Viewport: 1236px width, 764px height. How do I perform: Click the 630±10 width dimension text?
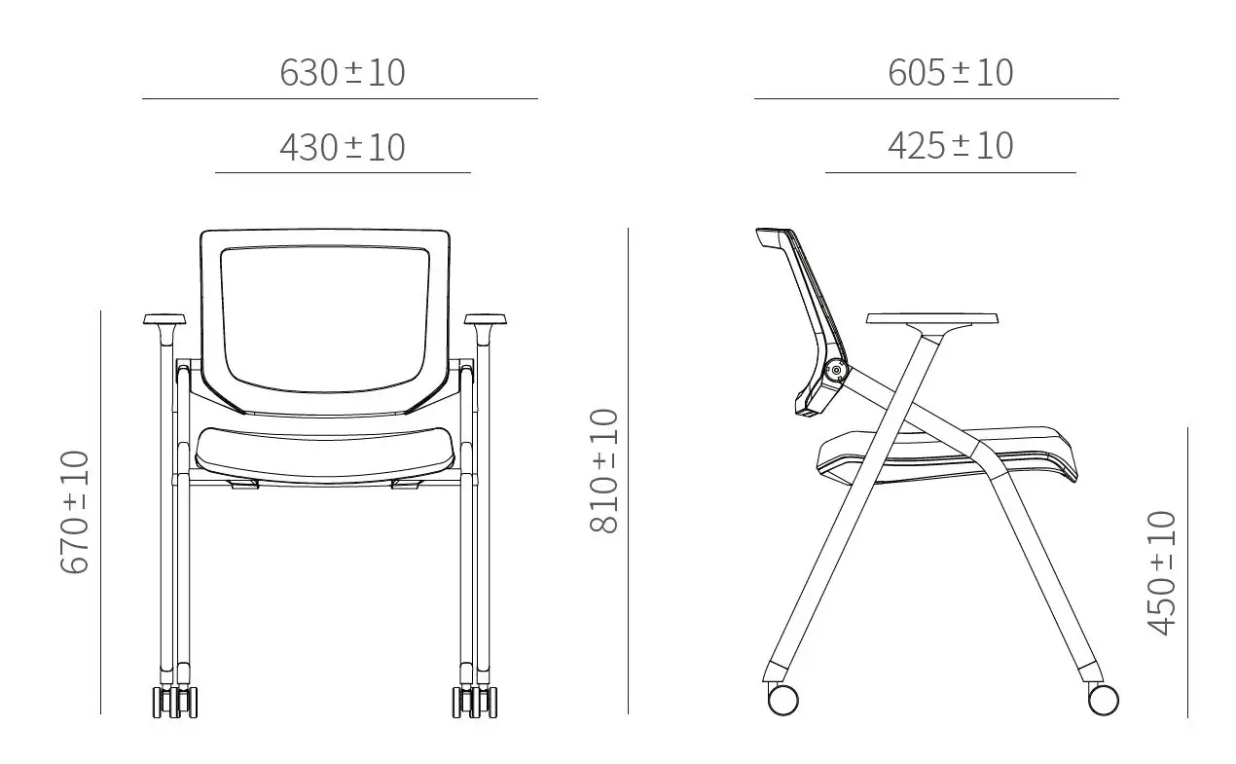[x=342, y=73]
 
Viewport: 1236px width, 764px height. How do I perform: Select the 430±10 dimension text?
[x=342, y=148]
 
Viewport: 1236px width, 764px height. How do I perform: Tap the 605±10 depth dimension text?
[x=950, y=73]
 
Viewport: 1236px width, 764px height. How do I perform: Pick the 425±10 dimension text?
[x=950, y=146]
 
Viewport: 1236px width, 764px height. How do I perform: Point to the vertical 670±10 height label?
[x=75, y=512]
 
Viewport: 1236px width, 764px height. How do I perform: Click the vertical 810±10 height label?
[x=604, y=471]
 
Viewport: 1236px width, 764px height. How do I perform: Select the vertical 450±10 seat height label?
[x=1162, y=573]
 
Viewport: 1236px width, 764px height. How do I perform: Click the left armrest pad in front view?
[x=164, y=319]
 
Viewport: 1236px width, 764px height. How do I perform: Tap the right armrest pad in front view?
[x=485, y=319]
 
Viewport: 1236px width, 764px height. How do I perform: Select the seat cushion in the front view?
[x=325, y=452]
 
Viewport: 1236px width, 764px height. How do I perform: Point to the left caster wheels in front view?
[x=175, y=702]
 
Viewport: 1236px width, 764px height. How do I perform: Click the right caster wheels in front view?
[x=475, y=702]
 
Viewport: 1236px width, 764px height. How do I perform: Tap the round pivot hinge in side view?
[x=834, y=370]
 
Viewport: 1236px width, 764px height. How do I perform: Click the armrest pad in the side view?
[x=932, y=318]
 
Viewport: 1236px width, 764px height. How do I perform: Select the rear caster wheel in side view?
[x=782, y=699]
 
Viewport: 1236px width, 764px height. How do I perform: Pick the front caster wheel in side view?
[x=1103, y=699]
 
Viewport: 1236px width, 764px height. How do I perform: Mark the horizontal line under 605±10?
[x=935, y=98]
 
